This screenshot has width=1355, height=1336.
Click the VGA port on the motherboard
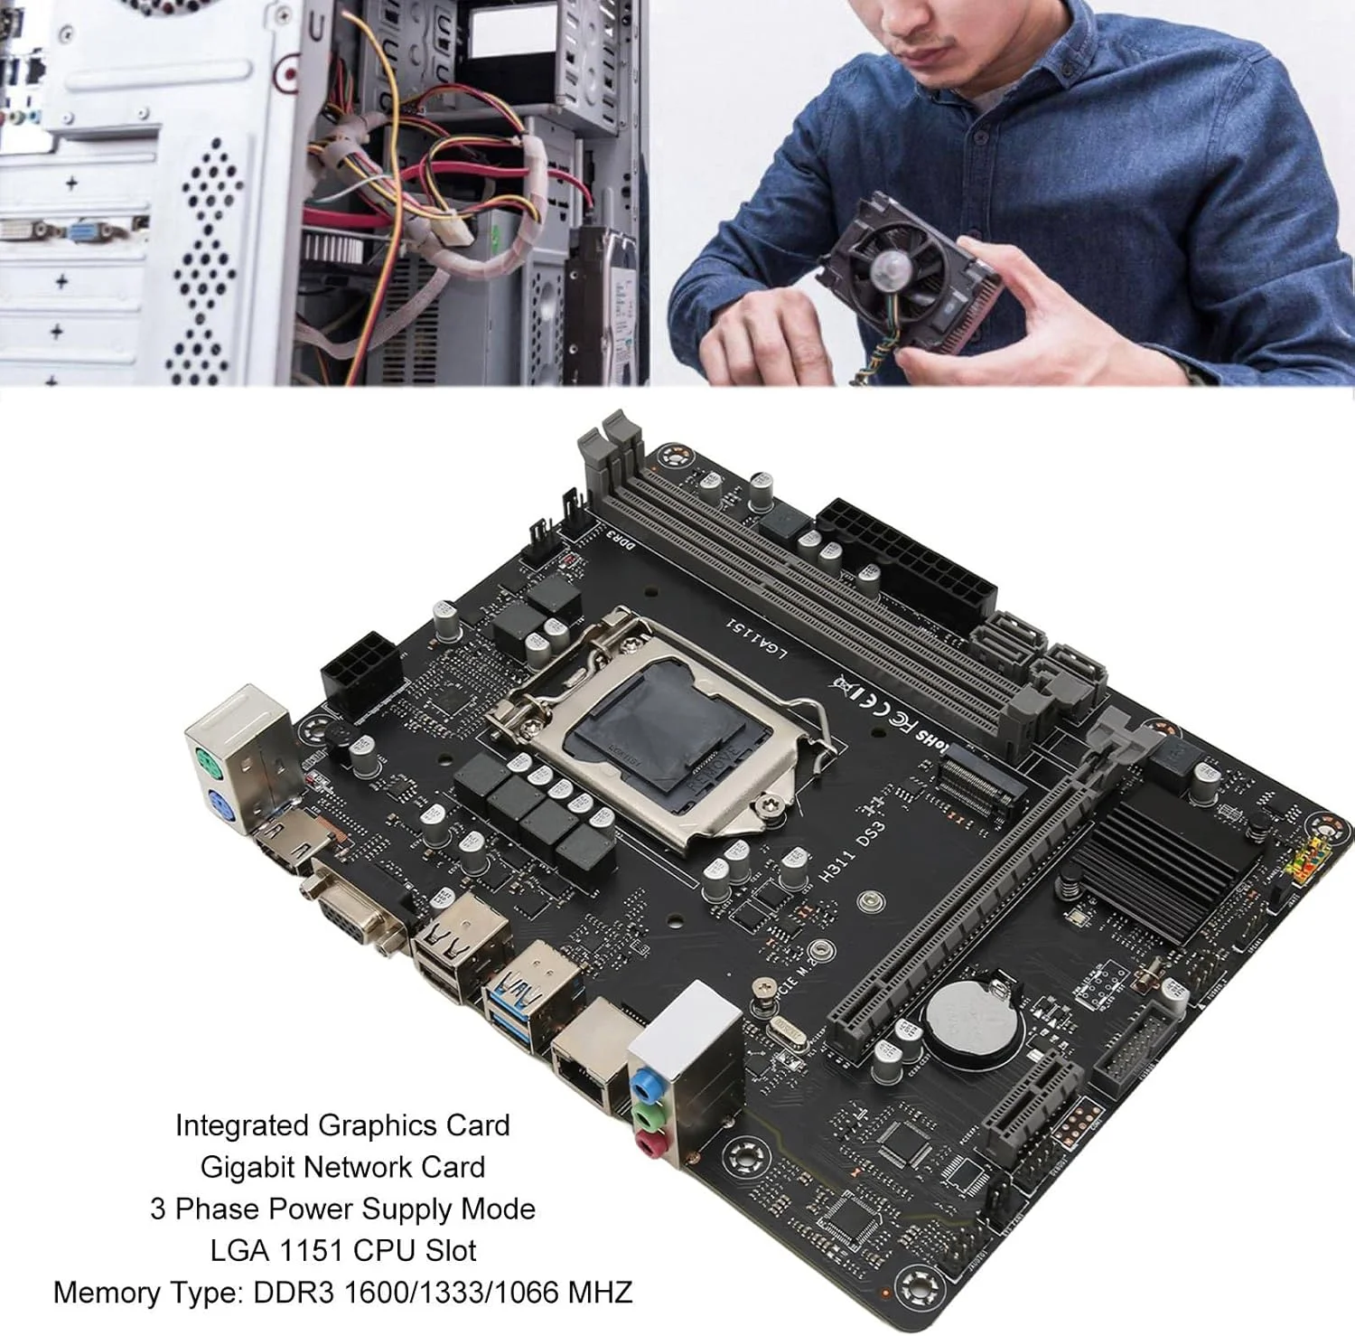point(354,908)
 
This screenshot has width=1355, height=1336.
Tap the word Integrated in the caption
point(243,1125)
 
